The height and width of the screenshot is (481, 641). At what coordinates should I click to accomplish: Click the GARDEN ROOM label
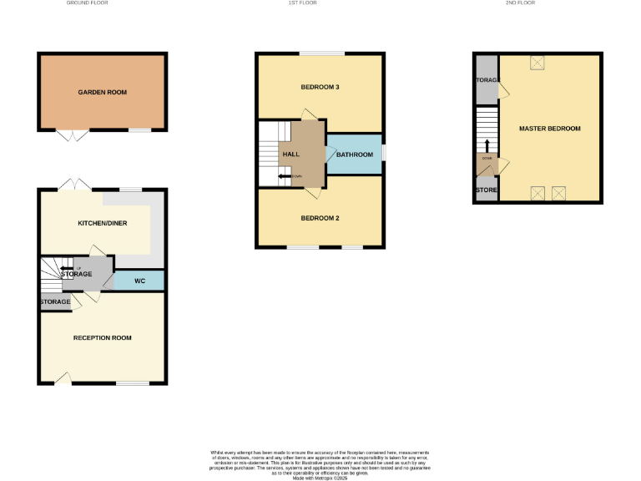click(x=102, y=92)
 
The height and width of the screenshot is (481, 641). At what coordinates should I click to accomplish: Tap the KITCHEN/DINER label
click(x=102, y=224)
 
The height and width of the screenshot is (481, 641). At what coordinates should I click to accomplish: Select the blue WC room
click(x=139, y=281)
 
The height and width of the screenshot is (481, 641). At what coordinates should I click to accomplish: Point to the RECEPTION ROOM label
click(x=102, y=337)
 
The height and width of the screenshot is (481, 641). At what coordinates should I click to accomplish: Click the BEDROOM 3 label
click(x=320, y=88)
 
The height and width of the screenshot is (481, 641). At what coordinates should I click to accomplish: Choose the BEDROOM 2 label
click(x=320, y=218)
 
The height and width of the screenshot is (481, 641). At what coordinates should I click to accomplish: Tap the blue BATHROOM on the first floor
click(x=355, y=154)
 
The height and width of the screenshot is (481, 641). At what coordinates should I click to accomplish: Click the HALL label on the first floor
click(x=291, y=154)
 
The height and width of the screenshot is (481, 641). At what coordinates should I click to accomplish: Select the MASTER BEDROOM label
click(x=549, y=129)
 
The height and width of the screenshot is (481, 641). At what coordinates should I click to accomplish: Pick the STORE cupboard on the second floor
click(x=486, y=190)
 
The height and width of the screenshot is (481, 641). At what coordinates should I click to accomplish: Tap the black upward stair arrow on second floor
click(x=487, y=145)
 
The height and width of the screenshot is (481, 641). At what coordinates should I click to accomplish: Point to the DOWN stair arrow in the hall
click(x=285, y=177)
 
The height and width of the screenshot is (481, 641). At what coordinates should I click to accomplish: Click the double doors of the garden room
click(x=71, y=135)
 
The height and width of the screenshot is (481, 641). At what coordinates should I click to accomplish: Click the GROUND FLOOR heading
click(x=86, y=3)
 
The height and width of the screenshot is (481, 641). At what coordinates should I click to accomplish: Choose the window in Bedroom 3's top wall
click(x=322, y=54)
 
